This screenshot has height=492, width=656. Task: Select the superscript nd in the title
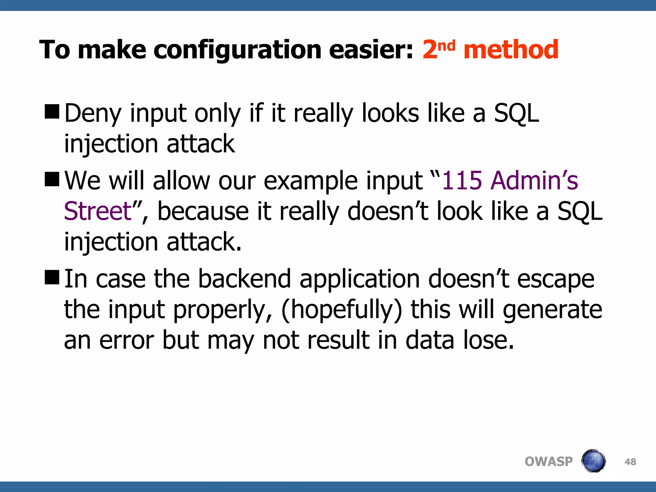[446, 46]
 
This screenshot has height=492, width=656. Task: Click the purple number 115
[462, 181]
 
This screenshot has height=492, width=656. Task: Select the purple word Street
[98, 211]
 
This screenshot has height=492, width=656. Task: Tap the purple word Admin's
[534, 181]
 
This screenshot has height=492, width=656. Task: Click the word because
[203, 211]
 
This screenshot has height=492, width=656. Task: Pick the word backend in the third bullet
[244, 279]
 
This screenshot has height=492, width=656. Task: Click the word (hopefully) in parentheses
[341, 310]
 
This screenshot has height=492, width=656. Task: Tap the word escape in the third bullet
[555, 279]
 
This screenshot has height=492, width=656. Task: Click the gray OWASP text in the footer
[548, 462]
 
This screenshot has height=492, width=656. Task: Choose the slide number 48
[630, 462]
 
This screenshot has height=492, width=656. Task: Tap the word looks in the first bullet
[390, 114]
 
